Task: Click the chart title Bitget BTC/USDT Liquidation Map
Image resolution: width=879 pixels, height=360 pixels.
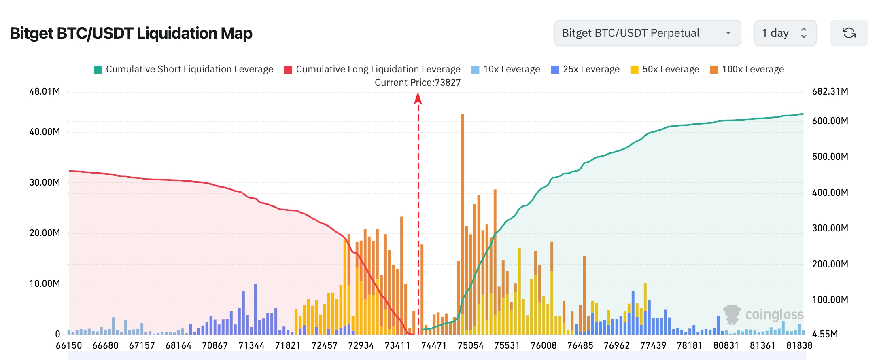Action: [x=131, y=33]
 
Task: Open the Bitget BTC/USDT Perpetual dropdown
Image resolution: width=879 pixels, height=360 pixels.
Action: [x=647, y=33]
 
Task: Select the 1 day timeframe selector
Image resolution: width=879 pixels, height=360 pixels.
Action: [x=785, y=33]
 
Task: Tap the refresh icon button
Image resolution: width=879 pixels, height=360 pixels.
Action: [x=849, y=33]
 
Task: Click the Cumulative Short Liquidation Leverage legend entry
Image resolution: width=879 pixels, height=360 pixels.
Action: [x=183, y=69]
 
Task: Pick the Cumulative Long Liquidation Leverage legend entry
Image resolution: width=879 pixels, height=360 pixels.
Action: [x=372, y=69]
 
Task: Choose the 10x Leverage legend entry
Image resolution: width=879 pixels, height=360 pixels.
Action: [x=505, y=69]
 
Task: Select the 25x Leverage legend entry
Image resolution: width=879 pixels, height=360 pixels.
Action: [x=585, y=69]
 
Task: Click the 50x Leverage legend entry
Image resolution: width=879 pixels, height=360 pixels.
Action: [x=665, y=69]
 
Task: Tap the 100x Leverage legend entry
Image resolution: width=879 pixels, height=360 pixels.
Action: [x=747, y=69]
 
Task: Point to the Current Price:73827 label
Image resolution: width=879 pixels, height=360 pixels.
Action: [x=418, y=83]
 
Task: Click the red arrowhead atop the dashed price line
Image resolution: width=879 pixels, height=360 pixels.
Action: [x=418, y=98]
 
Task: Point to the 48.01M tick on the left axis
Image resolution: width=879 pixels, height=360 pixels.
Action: [x=45, y=91]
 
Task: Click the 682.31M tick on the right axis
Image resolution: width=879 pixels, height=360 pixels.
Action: [x=830, y=91]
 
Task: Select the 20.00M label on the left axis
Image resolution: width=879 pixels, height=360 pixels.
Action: [x=45, y=233]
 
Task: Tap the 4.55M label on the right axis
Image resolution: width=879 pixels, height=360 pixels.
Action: [x=825, y=334]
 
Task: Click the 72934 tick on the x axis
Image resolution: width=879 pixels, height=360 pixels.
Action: [x=361, y=345]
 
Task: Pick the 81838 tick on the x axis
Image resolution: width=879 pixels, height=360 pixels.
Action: [x=799, y=345]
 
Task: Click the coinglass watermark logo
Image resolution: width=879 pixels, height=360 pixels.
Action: [x=763, y=314]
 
